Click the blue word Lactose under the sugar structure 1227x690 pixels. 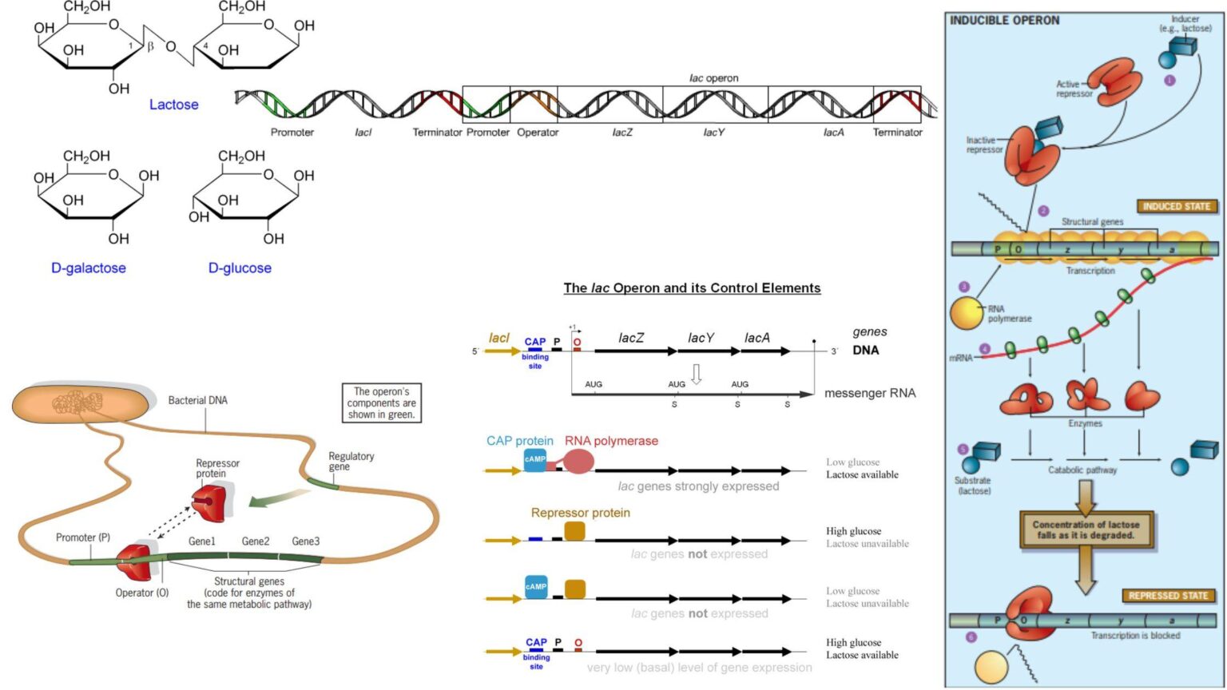tap(173, 105)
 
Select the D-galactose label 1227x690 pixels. tap(89, 268)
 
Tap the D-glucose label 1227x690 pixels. tap(240, 268)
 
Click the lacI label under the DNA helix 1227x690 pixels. tap(363, 133)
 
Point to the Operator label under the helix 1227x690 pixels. tap(538, 133)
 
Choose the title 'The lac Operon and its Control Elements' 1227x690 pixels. tap(692, 288)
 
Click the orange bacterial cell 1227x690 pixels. tap(80, 404)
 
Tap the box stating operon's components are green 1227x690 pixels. tap(381, 403)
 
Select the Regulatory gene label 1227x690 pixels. tap(351, 461)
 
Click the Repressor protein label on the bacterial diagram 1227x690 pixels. tap(217, 468)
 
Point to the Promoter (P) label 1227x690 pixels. tap(83, 537)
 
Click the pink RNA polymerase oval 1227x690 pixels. tap(578, 461)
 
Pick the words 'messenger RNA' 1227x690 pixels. tap(870, 393)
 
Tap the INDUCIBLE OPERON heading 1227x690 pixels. tap(1004, 21)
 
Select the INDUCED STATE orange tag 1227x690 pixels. tap(1176, 206)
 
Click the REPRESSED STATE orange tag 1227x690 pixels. tap(1167, 596)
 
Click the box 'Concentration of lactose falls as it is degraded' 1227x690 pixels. tap(1086, 529)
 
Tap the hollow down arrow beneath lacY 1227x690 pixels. tap(696, 374)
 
